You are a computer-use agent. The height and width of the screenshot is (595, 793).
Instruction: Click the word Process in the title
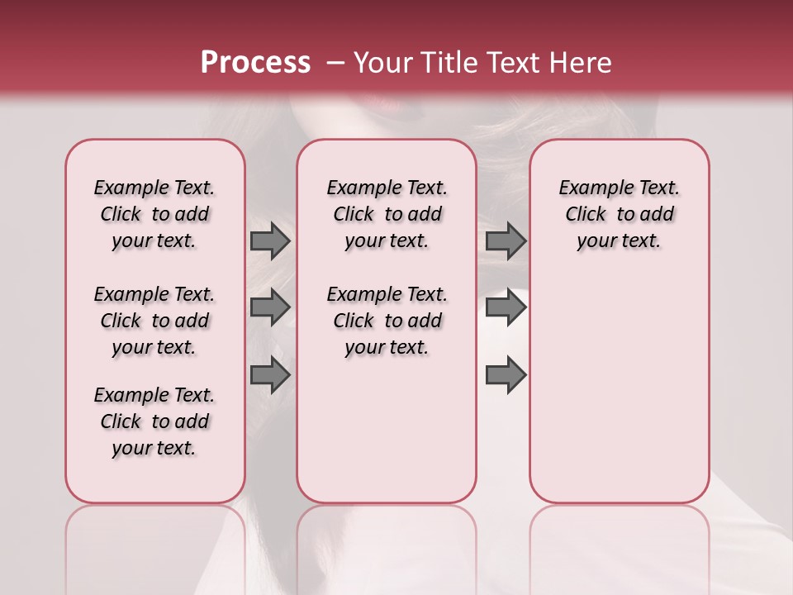click(255, 63)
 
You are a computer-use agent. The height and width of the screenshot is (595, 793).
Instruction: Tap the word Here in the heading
click(582, 63)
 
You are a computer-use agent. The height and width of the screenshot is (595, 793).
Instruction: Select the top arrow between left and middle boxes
click(270, 241)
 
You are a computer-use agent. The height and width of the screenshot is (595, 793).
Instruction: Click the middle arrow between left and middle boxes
click(270, 307)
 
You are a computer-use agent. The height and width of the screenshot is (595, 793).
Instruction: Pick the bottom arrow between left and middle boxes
click(270, 375)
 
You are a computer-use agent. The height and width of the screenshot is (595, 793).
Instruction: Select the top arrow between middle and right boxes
click(506, 241)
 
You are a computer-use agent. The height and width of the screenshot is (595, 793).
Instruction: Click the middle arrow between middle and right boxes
click(506, 307)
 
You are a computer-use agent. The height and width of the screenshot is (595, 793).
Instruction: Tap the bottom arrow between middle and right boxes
click(506, 375)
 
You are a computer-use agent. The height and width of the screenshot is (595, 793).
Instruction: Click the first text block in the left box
click(154, 214)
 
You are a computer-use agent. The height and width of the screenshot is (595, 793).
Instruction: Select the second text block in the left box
click(154, 321)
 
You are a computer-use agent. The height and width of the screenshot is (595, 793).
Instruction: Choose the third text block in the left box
click(154, 421)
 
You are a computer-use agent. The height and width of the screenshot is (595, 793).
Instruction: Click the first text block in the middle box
click(387, 214)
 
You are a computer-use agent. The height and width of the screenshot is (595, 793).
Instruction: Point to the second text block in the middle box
click(387, 321)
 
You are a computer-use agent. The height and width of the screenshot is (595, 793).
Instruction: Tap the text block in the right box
click(619, 214)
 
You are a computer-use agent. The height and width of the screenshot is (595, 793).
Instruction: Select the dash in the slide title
click(335, 63)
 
